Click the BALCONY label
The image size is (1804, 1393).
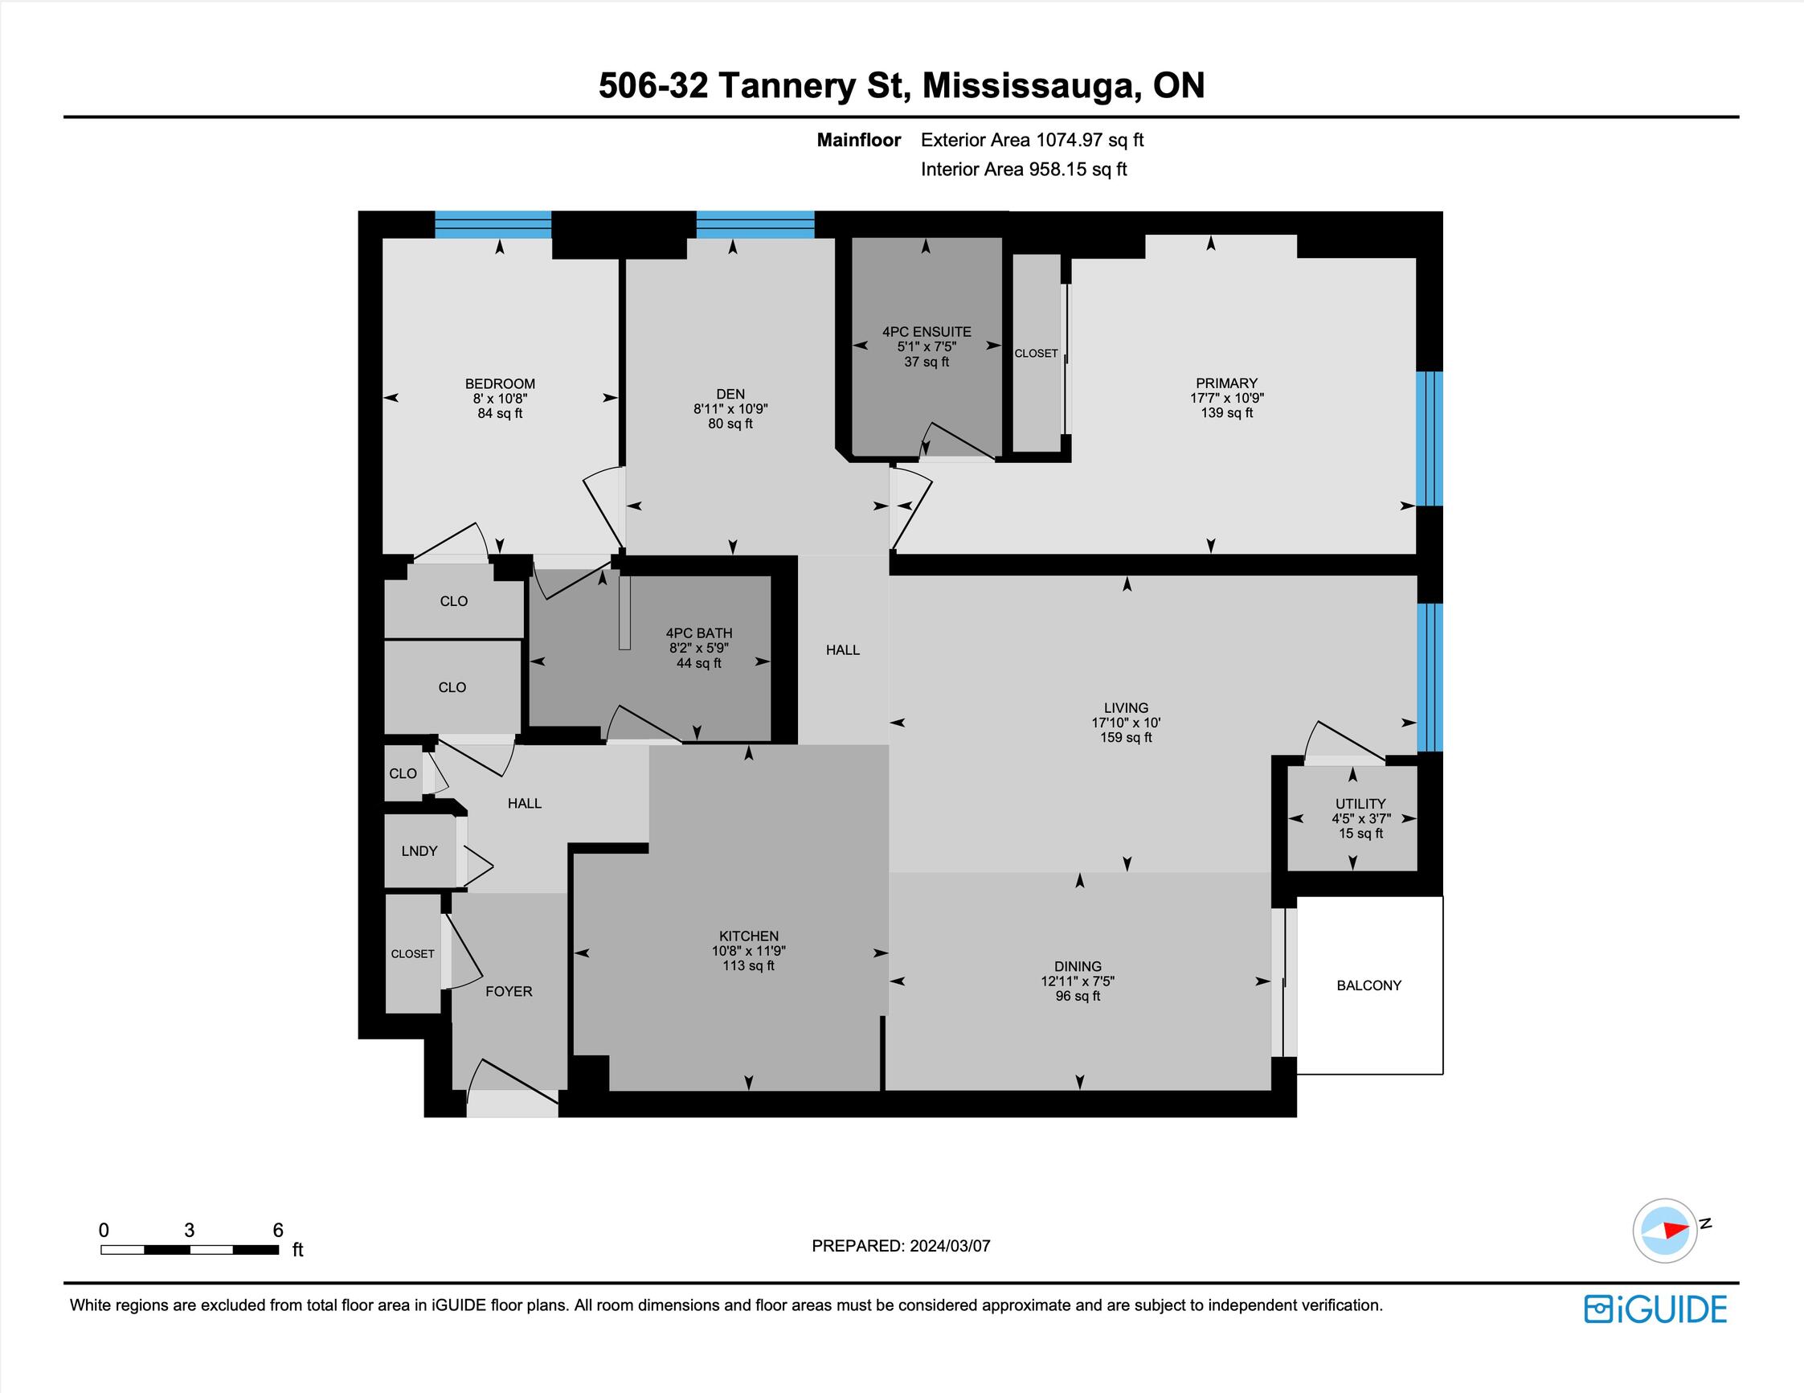[1368, 985]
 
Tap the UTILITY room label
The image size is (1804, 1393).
[1360, 803]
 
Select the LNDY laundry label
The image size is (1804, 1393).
[419, 851]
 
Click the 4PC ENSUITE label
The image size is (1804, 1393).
[927, 331]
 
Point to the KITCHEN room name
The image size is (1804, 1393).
[749, 936]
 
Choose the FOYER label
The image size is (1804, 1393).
[509, 991]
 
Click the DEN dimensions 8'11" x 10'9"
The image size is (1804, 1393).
[731, 409]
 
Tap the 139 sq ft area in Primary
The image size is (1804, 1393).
[1226, 412]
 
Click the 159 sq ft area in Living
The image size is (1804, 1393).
[1126, 737]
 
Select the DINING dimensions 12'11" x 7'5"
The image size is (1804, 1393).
[1078, 981]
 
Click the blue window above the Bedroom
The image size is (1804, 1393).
[493, 225]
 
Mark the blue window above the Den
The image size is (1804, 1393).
[755, 225]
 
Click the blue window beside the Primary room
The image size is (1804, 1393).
[1430, 439]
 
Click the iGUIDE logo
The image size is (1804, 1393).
[1655, 1309]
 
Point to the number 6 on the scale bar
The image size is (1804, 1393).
[278, 1231]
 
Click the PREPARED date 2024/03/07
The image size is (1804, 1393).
[949, 1246]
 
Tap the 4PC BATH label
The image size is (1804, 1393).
[700, 633]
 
